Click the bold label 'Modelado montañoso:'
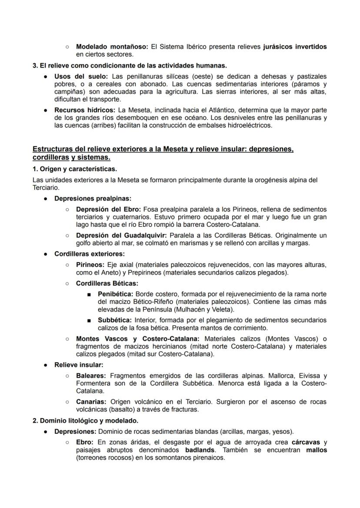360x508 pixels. click(x=111, y=46)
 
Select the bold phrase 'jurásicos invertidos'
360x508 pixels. click(x=295, y=46)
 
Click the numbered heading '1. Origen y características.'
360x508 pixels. click(x=74, y=169)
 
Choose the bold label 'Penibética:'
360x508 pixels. click(x=115, y=294)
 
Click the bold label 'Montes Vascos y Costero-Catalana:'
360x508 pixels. click(x=138, y=339)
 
